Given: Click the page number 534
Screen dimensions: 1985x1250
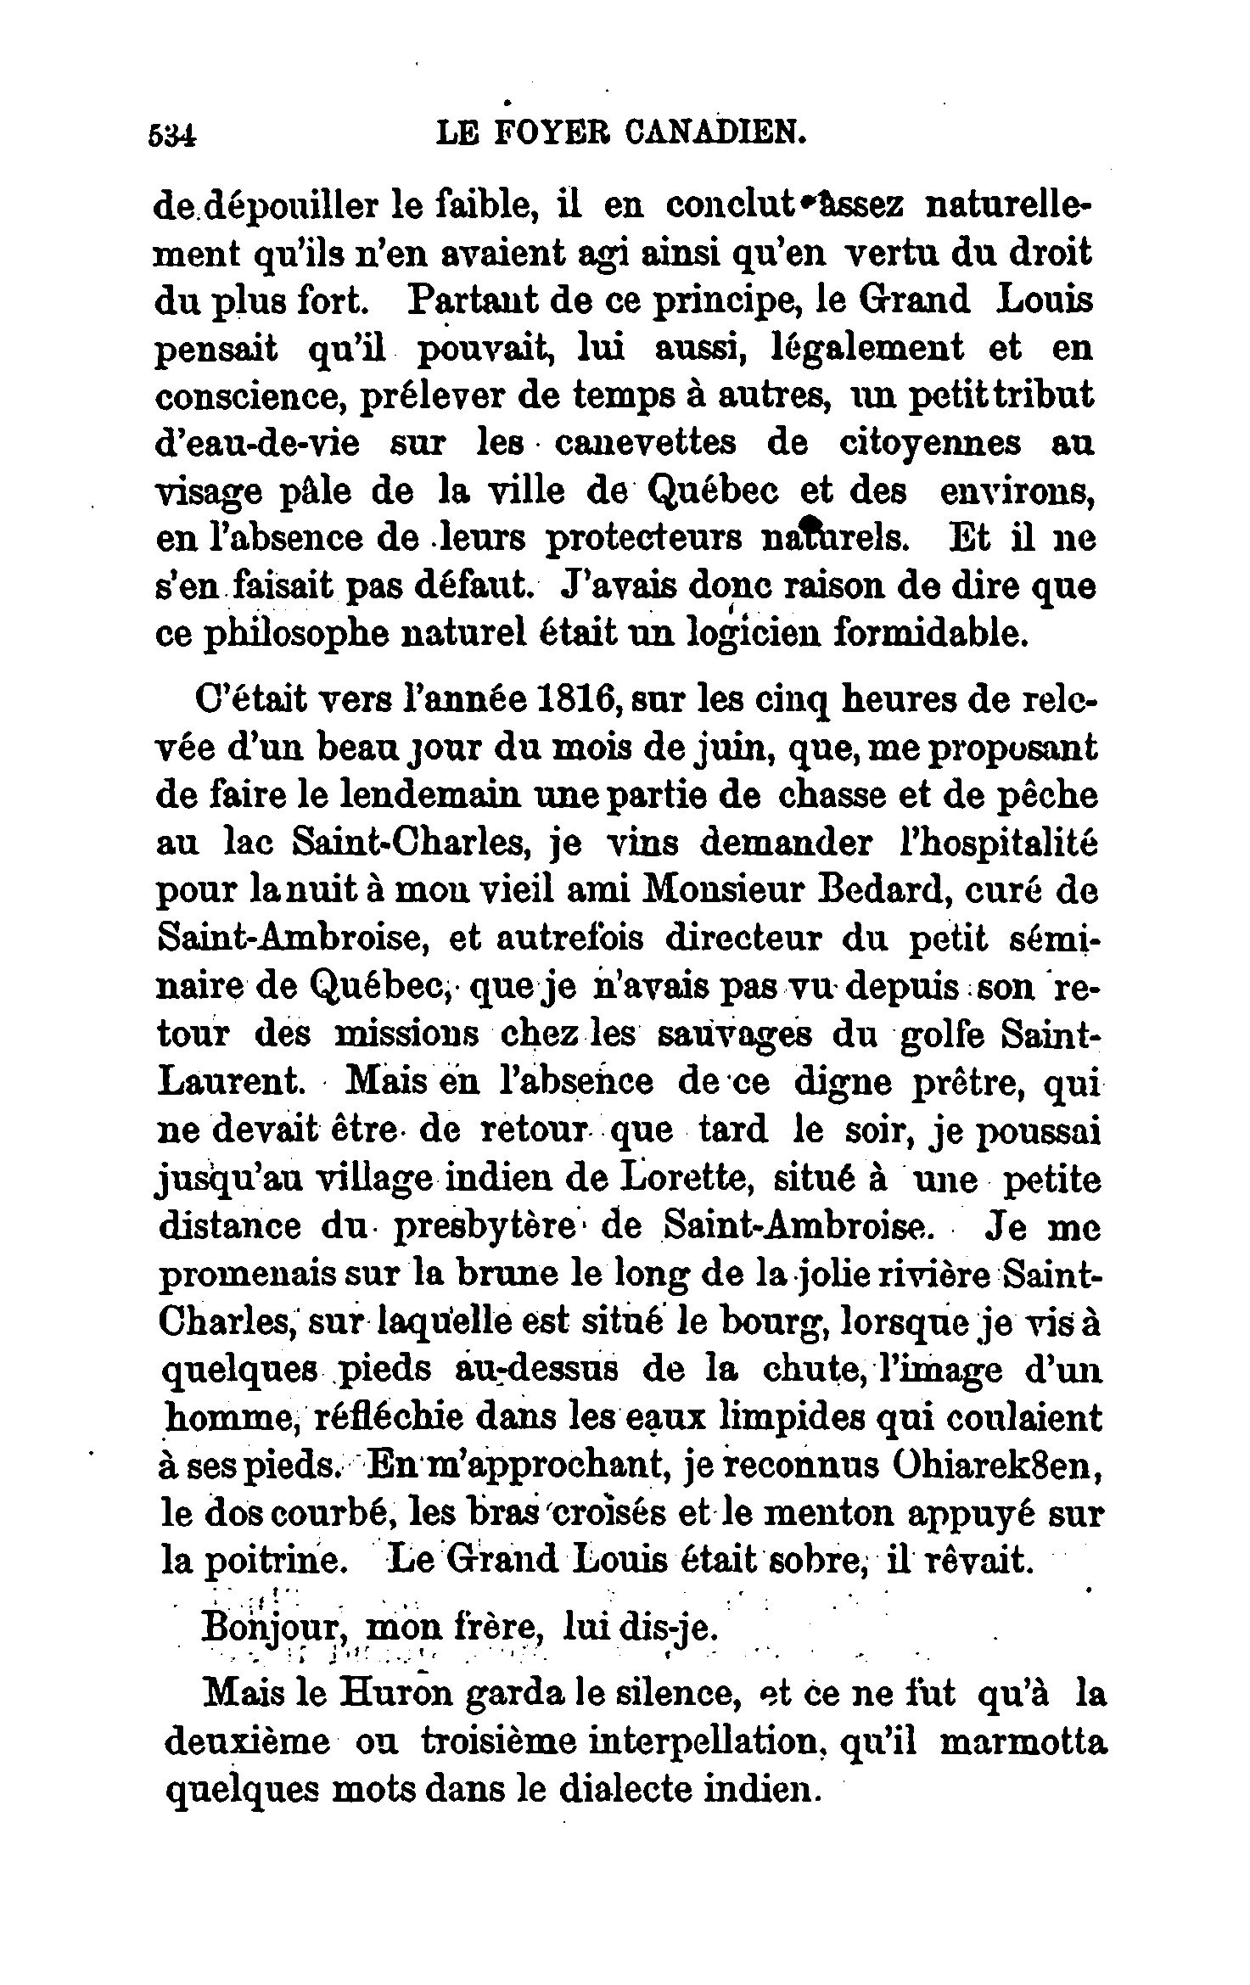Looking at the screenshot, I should pyautogui.click(x=173, y=134).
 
